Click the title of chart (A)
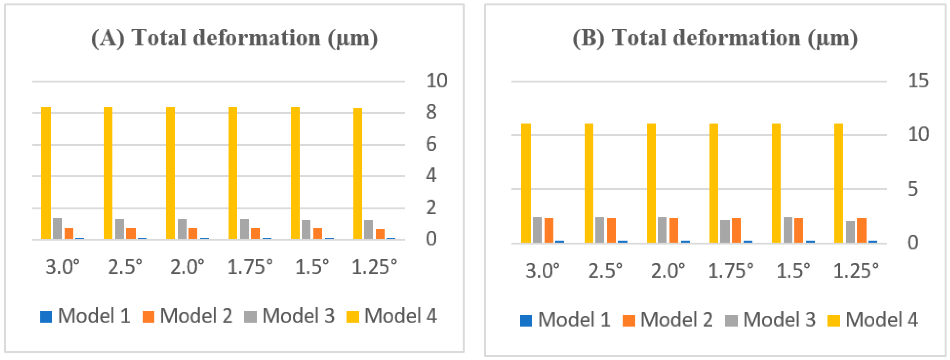pyautogui.click(x=235, y=38)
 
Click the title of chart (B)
pyautogui.click(x=715, y=38)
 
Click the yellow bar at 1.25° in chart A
pyautogui.click(x=358, y=173)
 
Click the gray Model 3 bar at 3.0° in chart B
pyautogui.click(x=537, y=230)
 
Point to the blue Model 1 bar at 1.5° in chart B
pyautogui.click(x=810, y=242)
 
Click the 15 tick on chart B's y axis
pyautogui.click(x=918, y=81)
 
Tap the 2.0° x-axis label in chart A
pyautogui.click(x=187, y=267)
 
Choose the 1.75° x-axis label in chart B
pyautogui.click(x=731, y=271)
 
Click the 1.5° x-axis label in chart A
pyautogui.click(x=312, y=267)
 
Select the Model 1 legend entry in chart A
pyautogui.click(x=86, y=316)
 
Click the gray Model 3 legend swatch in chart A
pyautogui.click(x=250, y=316)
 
